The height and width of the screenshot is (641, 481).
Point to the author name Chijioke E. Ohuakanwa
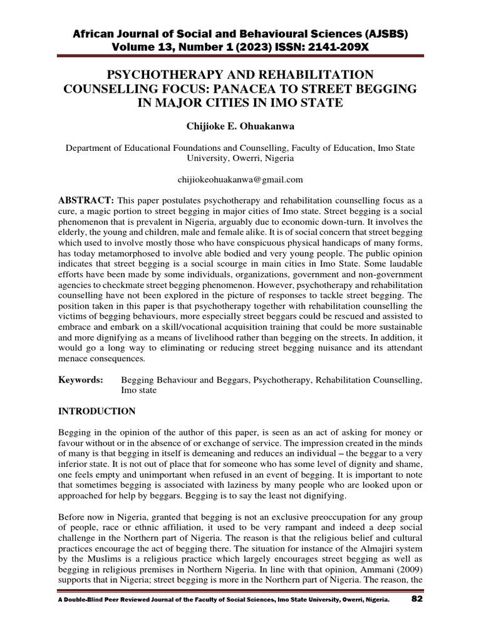coord(240,126)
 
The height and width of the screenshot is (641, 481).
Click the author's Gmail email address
coord(240,180)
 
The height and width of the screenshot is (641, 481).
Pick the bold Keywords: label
coord(81,379)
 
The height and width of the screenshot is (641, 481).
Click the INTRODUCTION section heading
coord(96,411)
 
